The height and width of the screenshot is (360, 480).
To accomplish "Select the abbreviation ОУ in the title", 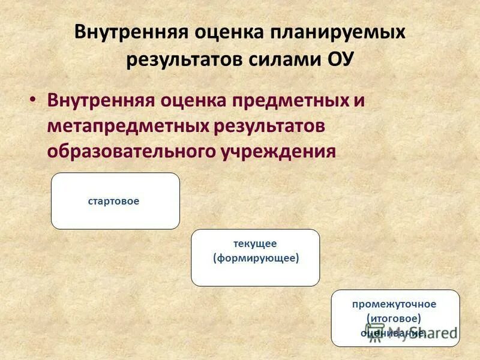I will tap(338, 60).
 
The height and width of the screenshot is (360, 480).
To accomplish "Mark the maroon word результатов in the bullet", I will tap(268, 126).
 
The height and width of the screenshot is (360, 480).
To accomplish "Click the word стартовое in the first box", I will tap(113, 201).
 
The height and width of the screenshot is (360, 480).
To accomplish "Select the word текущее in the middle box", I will tap(255, 244).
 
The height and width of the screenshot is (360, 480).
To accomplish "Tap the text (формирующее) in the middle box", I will tap(256, 258).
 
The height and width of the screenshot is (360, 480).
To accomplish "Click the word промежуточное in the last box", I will tap(394, 304).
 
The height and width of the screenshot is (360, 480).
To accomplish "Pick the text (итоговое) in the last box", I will tap(394, 318).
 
